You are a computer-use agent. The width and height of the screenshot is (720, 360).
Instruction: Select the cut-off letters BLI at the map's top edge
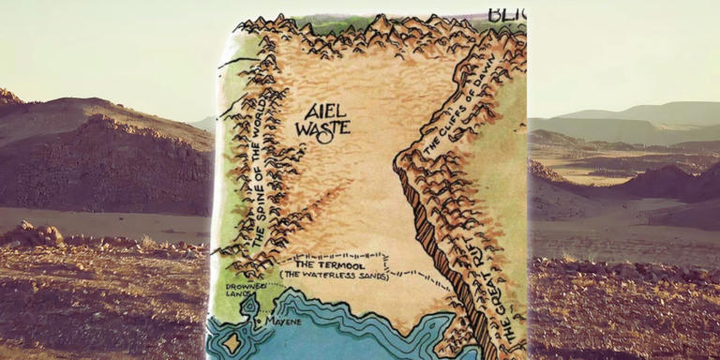point(507,14)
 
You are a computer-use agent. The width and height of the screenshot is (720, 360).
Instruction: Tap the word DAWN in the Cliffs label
point(476,75)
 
